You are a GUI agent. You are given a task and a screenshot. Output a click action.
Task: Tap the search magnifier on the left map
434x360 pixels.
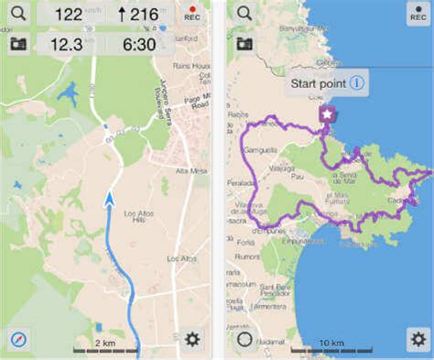click(16, 14)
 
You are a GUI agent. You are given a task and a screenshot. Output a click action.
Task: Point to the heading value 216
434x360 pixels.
click(137, 15)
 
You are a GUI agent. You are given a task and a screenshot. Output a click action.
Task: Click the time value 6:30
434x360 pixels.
click(136, 43)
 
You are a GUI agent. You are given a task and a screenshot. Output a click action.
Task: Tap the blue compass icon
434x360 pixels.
click(16, 339)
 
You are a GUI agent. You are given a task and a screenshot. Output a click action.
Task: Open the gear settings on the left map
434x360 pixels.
click(192, 339)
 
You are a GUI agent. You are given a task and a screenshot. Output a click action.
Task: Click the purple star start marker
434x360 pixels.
click(326, 114)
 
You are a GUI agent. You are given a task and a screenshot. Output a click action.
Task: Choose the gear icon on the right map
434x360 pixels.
click(417, 339)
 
